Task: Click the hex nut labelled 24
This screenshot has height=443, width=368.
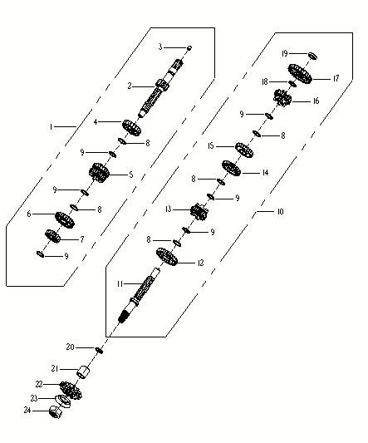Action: (56, 412)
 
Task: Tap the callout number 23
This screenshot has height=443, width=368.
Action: (34, 398)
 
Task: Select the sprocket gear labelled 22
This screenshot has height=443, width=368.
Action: (71, 390)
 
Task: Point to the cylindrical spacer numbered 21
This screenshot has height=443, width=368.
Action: (83, 372)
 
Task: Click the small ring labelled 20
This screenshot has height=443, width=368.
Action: (100, 350)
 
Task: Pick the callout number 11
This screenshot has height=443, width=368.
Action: (120, 283)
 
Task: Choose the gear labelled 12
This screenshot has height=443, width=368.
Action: (167, 257)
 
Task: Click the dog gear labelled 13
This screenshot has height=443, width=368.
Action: (199, 212)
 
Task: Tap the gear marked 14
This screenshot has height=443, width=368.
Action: (231, 168)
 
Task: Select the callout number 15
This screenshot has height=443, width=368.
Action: (211, 146)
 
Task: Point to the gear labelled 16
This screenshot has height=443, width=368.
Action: (282, 98)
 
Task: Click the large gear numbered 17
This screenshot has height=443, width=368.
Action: (300, 74)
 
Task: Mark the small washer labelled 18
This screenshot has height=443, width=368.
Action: (292, 84)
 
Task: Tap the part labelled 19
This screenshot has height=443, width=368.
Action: (312, 56)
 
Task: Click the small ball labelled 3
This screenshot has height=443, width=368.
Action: (189, 47)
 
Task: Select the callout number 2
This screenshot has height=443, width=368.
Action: (130, 86)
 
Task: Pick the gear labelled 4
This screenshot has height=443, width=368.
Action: (131, 127)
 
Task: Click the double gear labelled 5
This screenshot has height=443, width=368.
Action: (99, 173)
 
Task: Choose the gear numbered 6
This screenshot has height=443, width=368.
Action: (65, 219)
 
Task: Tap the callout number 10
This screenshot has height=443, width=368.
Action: (280, 211)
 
